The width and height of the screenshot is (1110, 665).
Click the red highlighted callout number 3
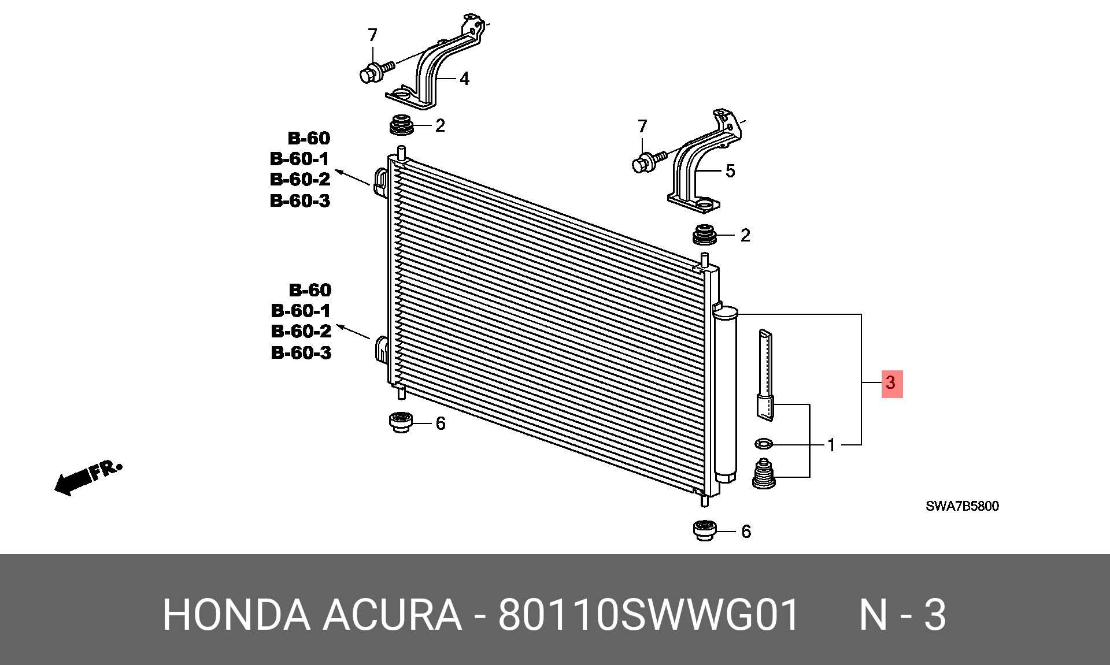tap(891, 382)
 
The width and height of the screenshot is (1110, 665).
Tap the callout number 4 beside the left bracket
tap(464, 79)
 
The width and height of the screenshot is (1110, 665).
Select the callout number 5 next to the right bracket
tap(730, 171)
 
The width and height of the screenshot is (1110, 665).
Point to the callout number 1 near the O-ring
tap(831, 445)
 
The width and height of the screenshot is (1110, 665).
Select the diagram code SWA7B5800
tap(962, 506)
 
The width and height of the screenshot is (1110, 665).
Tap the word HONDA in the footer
tap(236, 615)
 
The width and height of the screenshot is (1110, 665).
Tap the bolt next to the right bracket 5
tap(650, 161)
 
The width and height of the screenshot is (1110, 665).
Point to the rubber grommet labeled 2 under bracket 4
tap(402, 125)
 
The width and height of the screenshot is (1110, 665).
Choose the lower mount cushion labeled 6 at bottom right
tap(705, 530)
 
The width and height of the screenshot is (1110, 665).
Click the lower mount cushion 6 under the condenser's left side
tap(401, 422)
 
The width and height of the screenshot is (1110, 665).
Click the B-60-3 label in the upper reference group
tap(300, 200)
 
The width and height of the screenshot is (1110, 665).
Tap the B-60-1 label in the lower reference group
tap(301, 311)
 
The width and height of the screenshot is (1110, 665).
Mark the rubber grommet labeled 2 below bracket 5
tap(705, 235)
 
